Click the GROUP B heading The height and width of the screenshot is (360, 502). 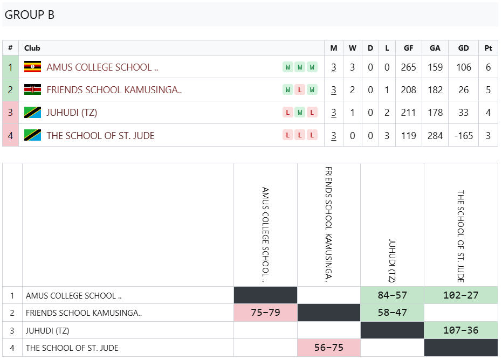point(30,15)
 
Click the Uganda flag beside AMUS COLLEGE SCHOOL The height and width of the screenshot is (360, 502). point(33,67)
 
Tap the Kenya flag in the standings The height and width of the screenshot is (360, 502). point(33,89)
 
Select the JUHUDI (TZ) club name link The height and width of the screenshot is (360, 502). point(72,113)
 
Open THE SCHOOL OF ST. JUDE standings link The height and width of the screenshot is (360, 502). point(100,136)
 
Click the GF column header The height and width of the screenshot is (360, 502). point(408,48)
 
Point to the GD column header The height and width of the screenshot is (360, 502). point(463,48)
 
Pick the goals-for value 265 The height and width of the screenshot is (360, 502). point(408,67)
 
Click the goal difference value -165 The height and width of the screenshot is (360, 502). point(463,136)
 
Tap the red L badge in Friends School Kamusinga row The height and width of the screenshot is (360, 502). point(300,90)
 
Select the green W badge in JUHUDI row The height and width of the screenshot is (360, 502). point(300,113)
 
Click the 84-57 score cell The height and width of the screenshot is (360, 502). point(392,295)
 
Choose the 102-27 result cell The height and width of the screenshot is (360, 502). point(460,295)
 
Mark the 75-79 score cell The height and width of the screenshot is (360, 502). point(265,313)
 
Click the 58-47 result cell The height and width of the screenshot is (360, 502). point(392,313)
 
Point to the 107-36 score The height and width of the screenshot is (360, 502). point(460,330)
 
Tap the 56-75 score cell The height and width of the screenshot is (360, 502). point(329,348)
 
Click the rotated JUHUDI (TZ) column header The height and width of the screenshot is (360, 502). point(392,261)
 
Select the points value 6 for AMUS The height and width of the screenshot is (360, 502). point(488,67)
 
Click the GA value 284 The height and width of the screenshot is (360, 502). point(435,136)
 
